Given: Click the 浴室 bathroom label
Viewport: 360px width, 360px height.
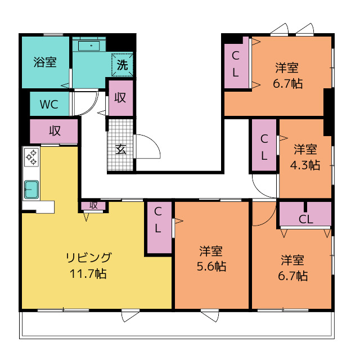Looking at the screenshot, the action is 45,62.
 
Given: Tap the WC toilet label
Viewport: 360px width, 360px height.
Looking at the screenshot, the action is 49,104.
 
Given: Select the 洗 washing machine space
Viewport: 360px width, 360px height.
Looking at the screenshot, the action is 123,65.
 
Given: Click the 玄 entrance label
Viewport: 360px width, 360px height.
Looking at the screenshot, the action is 121,150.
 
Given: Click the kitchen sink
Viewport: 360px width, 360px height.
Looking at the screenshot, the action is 31,190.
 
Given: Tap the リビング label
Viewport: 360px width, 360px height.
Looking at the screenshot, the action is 89,258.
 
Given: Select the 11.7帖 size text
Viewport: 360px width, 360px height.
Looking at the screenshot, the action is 88,273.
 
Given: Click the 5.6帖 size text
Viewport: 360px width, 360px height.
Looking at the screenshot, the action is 211,266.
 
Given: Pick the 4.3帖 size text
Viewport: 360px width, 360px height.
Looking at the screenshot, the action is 305,165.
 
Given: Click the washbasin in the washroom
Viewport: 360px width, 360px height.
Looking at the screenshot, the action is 89,46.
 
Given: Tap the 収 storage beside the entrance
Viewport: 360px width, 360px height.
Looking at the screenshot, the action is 121,98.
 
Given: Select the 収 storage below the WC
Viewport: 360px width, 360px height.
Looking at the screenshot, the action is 54,131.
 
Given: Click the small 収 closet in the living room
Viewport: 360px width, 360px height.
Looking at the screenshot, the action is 93,205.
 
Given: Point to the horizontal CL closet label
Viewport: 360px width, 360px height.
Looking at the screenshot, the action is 306,219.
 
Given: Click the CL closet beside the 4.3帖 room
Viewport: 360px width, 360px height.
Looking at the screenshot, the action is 264,145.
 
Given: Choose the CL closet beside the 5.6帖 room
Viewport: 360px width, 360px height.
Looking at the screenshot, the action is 159,227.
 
